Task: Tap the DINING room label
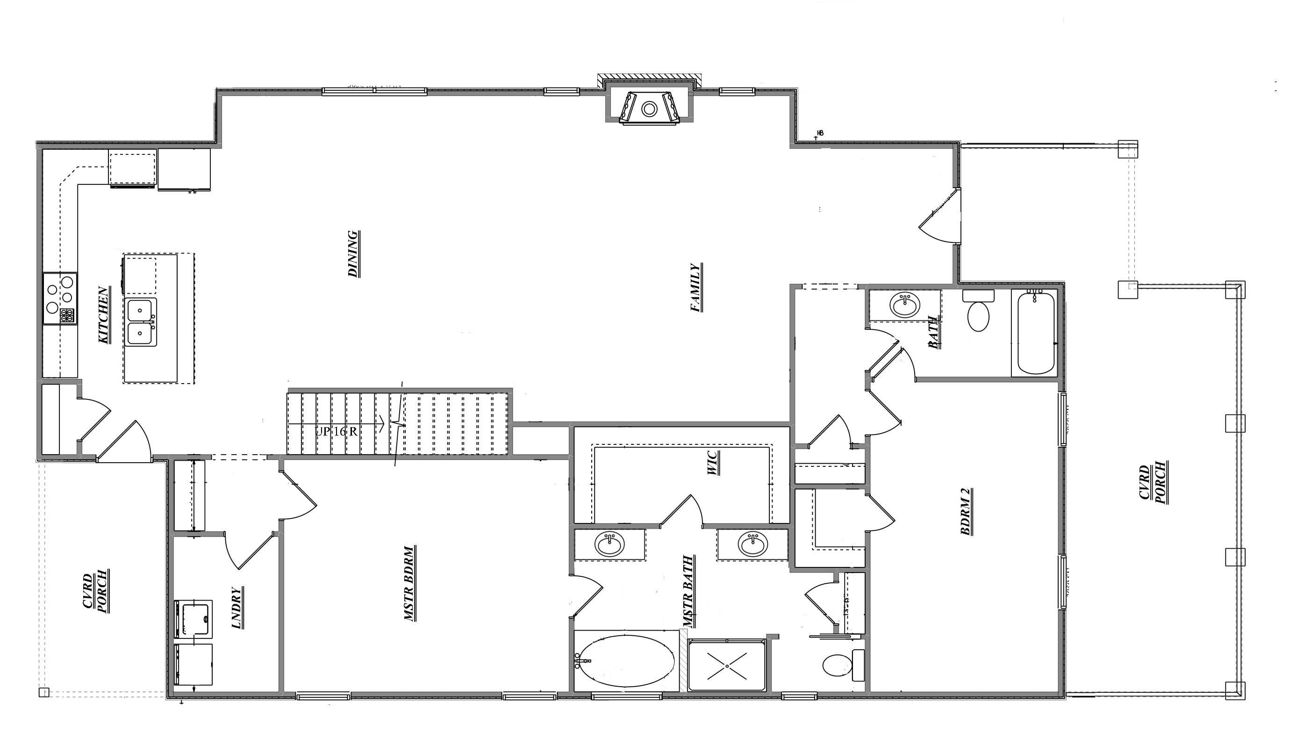click(x=354, y=254)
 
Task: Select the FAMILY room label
click(x=696, y=288)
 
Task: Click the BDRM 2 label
click(x=966, y=511)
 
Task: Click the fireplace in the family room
click(x=649, y=108)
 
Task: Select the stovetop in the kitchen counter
click(x=60, y=299)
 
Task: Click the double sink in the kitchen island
click(x=141, y=322)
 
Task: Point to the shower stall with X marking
click(x=726, y=666)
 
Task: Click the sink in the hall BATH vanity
click(x=905, y=305)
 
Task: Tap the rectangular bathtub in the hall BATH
click(x=1036, y=333)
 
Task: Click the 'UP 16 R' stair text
click(x=336, y=431)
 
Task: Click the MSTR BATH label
click(x=688, y=591)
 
